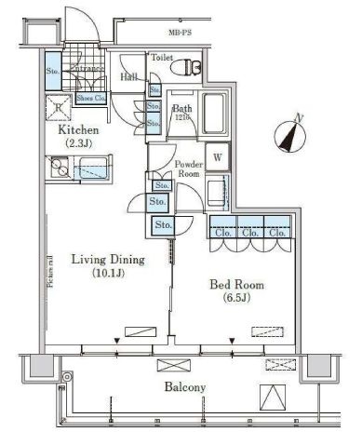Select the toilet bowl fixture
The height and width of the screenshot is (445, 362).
(192, 68)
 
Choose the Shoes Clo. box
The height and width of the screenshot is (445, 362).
(90, 96)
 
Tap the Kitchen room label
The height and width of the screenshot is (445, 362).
(78, 131)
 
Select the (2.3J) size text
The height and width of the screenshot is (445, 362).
(78, 145)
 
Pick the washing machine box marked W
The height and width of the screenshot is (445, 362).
(217, 158)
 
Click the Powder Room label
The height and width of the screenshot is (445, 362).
(189, 168)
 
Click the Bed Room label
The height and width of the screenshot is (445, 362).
(238, 284)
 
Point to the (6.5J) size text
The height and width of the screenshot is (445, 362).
(238, 299)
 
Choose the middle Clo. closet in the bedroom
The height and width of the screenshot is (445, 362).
(249, 233)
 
